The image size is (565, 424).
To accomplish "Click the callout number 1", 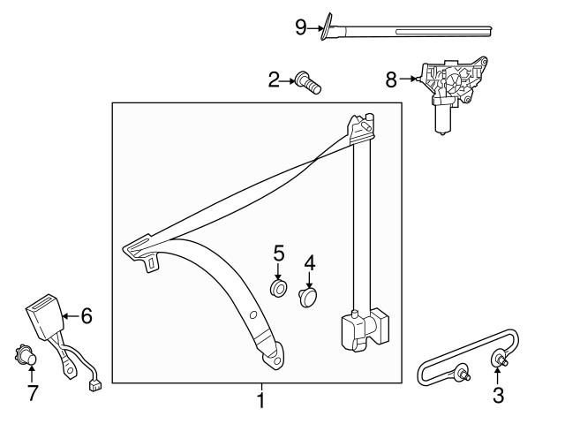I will click(260, 401).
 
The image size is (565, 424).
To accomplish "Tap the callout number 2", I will click(274, 81).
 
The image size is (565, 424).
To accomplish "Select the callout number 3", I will click(499, 396).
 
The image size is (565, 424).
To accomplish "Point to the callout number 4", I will click(310, 262).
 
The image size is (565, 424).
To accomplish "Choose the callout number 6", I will click(87, 314).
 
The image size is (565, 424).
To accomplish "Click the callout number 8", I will click(391, 79).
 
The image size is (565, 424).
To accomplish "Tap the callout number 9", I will click(301, 28).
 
